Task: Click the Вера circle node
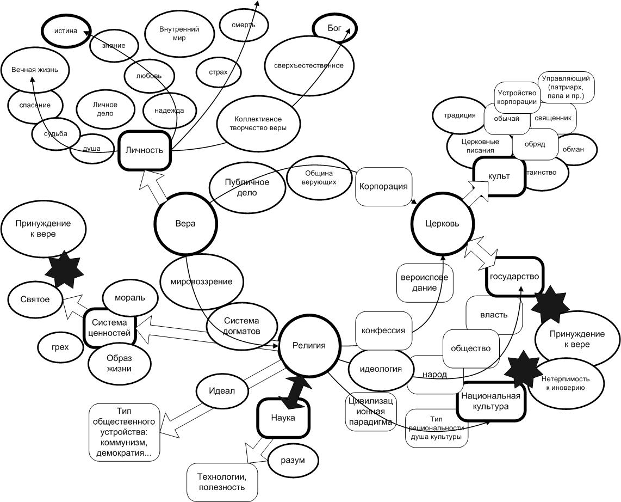(x=185, y=223)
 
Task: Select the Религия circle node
(x=309, y=345)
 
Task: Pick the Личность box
(x=144, y=150)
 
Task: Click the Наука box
(x=283, y=418)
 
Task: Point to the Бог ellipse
(x=335, y=27)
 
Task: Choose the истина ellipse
(x=66, y=31)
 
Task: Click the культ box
(x=499, y=176)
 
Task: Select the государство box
(x=514, y=277)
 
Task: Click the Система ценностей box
(x=110, y=327)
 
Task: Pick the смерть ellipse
(x=244, y=25)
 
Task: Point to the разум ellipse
(x=293, y=460)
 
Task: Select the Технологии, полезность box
(x=222, y=482)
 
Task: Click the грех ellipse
(x=60, y=347)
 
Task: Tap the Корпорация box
(x=383, y=186)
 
